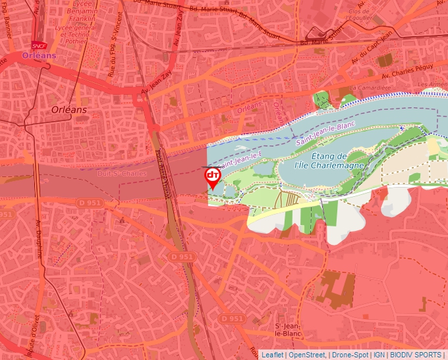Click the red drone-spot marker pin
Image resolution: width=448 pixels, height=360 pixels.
[x=212, y=176]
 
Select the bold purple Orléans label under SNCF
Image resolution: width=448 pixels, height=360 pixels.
[x=39, y=56]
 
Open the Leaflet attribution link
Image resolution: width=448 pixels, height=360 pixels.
[x=272, y=355]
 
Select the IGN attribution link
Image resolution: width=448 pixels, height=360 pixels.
[x=379, y=355]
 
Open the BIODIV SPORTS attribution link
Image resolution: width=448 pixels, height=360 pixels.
[x=416, y=355]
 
